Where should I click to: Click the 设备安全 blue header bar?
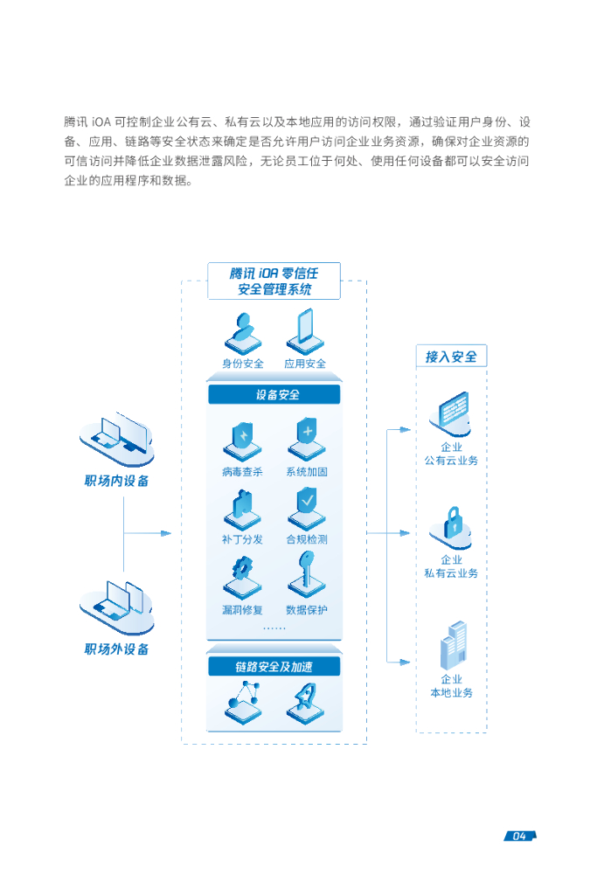[274, 395]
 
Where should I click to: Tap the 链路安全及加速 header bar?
[274, 667]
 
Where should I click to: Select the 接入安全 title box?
[451, 357]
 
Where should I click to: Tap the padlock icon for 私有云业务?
[452, 525]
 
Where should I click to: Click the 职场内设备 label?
[117, 481]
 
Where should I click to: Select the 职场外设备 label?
[117, 649]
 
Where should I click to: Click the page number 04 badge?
[519, 836]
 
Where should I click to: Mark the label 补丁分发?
[242, 540]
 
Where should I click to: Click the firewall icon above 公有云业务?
[452, 413]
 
